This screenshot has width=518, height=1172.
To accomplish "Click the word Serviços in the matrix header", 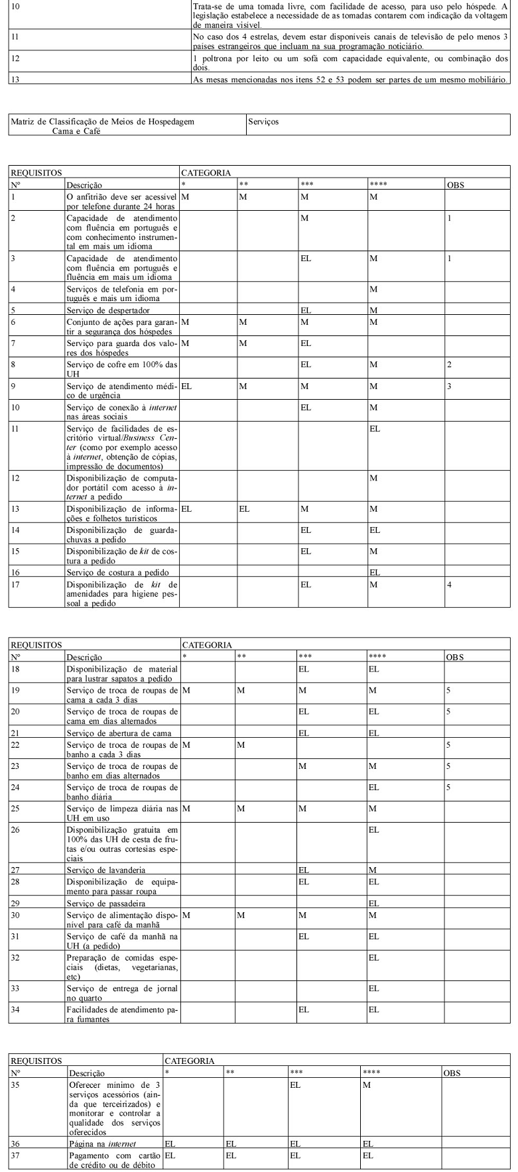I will coord(263,122).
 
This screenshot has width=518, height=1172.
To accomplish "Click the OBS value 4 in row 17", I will coord(449,585).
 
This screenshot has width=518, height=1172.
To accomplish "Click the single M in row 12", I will coord(373,478).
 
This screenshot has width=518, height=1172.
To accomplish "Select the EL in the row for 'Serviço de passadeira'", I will coord(374,903).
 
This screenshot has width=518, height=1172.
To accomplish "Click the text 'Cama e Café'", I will coord(76,131).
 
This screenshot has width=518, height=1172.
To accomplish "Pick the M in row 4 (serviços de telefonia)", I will coord(373,289).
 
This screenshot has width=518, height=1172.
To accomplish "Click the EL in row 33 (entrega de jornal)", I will coord(374,988).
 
